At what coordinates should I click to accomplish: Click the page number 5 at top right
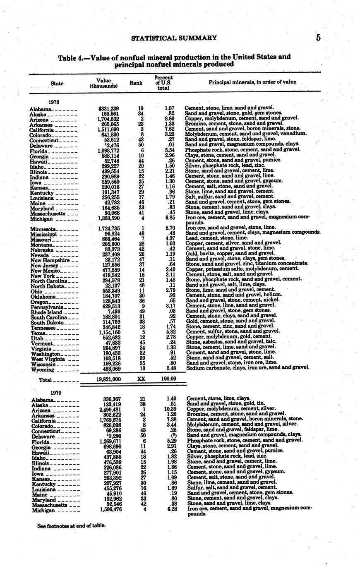click(318, 38)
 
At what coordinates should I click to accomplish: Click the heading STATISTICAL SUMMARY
click(174, 38)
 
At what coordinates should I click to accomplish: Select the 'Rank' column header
click(136, 83)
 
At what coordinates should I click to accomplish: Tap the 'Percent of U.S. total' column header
click(163, 83)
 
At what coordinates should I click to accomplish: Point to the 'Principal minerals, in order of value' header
click(252, 82)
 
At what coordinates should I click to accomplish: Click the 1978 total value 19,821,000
click(108, 379)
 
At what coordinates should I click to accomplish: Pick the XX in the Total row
click(141, 379)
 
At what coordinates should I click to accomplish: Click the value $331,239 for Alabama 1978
click(109, 108)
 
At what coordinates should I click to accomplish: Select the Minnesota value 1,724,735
click(109, 228)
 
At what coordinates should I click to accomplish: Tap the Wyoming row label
click(43, 370)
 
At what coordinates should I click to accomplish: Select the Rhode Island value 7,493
click(114, 311)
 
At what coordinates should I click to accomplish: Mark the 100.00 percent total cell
click(168, 379)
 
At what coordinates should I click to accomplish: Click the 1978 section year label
click(55, 102)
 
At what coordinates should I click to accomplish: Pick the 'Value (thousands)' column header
click(103, 83)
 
